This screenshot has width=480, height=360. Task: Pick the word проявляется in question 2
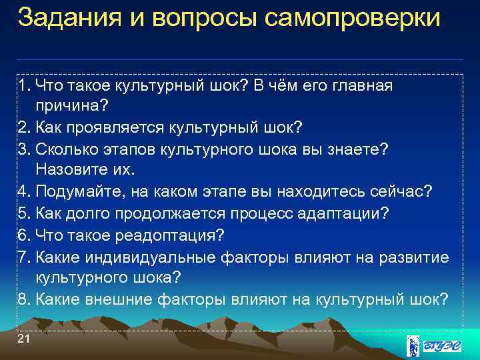(x=106, y=127)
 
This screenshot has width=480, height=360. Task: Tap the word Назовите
(x=70, y=170)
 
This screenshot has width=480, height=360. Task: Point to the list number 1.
(x=25, y=85)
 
